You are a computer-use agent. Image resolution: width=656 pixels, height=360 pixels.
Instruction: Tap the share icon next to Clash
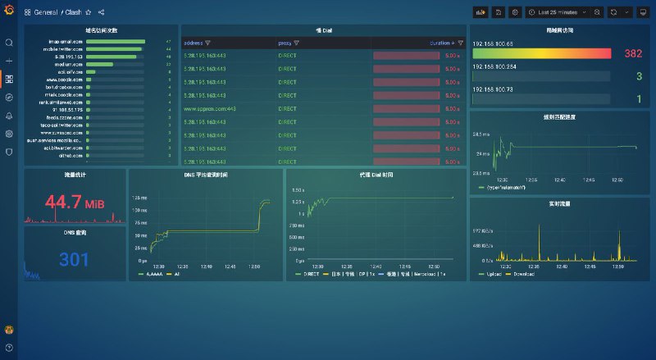[101, 12]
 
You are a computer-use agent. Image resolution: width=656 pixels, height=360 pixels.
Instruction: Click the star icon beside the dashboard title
[89, 12]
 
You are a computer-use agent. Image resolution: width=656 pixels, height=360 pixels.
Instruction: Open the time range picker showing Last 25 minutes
[563, 12]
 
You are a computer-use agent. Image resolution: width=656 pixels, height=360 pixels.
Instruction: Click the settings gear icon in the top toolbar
[515, 12]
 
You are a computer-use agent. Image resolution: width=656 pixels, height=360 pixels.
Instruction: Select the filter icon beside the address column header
[207, 43]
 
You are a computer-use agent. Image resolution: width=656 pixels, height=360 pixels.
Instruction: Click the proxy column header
[285, 43]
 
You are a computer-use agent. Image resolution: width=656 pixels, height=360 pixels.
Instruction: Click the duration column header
[440, 43]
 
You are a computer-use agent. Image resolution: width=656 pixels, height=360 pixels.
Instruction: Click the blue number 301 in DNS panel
[75, 260]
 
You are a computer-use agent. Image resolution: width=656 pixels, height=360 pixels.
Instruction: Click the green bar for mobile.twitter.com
[114, 49]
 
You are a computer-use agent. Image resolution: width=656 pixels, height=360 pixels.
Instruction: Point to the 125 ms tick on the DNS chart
[140, 198]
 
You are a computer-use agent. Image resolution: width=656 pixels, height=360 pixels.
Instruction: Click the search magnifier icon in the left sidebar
[9, 43]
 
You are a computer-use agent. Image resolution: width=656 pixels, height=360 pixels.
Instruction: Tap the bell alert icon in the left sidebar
[9, 116]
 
